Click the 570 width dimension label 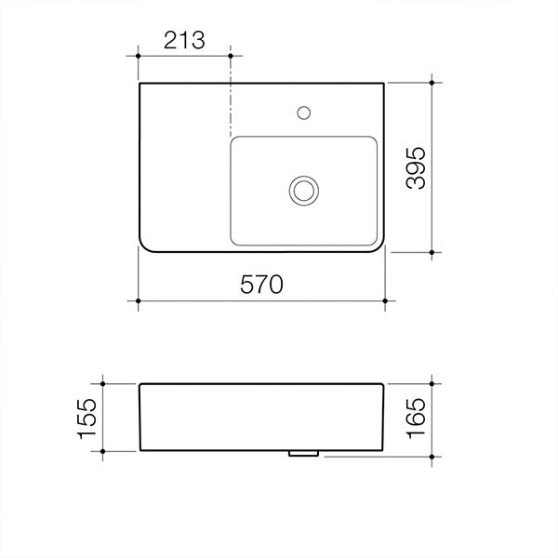pos(261,285)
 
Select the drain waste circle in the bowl pos(302,190)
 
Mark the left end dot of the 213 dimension pos(139,57)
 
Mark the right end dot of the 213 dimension pos(230,57)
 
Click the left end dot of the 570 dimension pos(139,301)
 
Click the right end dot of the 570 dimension pos(385,301)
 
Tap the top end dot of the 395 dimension pos(433,83)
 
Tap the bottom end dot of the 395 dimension pos(433,251)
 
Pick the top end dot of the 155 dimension pos(103,382)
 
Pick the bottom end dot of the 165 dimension pos(433,457)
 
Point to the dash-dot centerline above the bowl pos(230,102)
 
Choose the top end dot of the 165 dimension pos(433,382)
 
